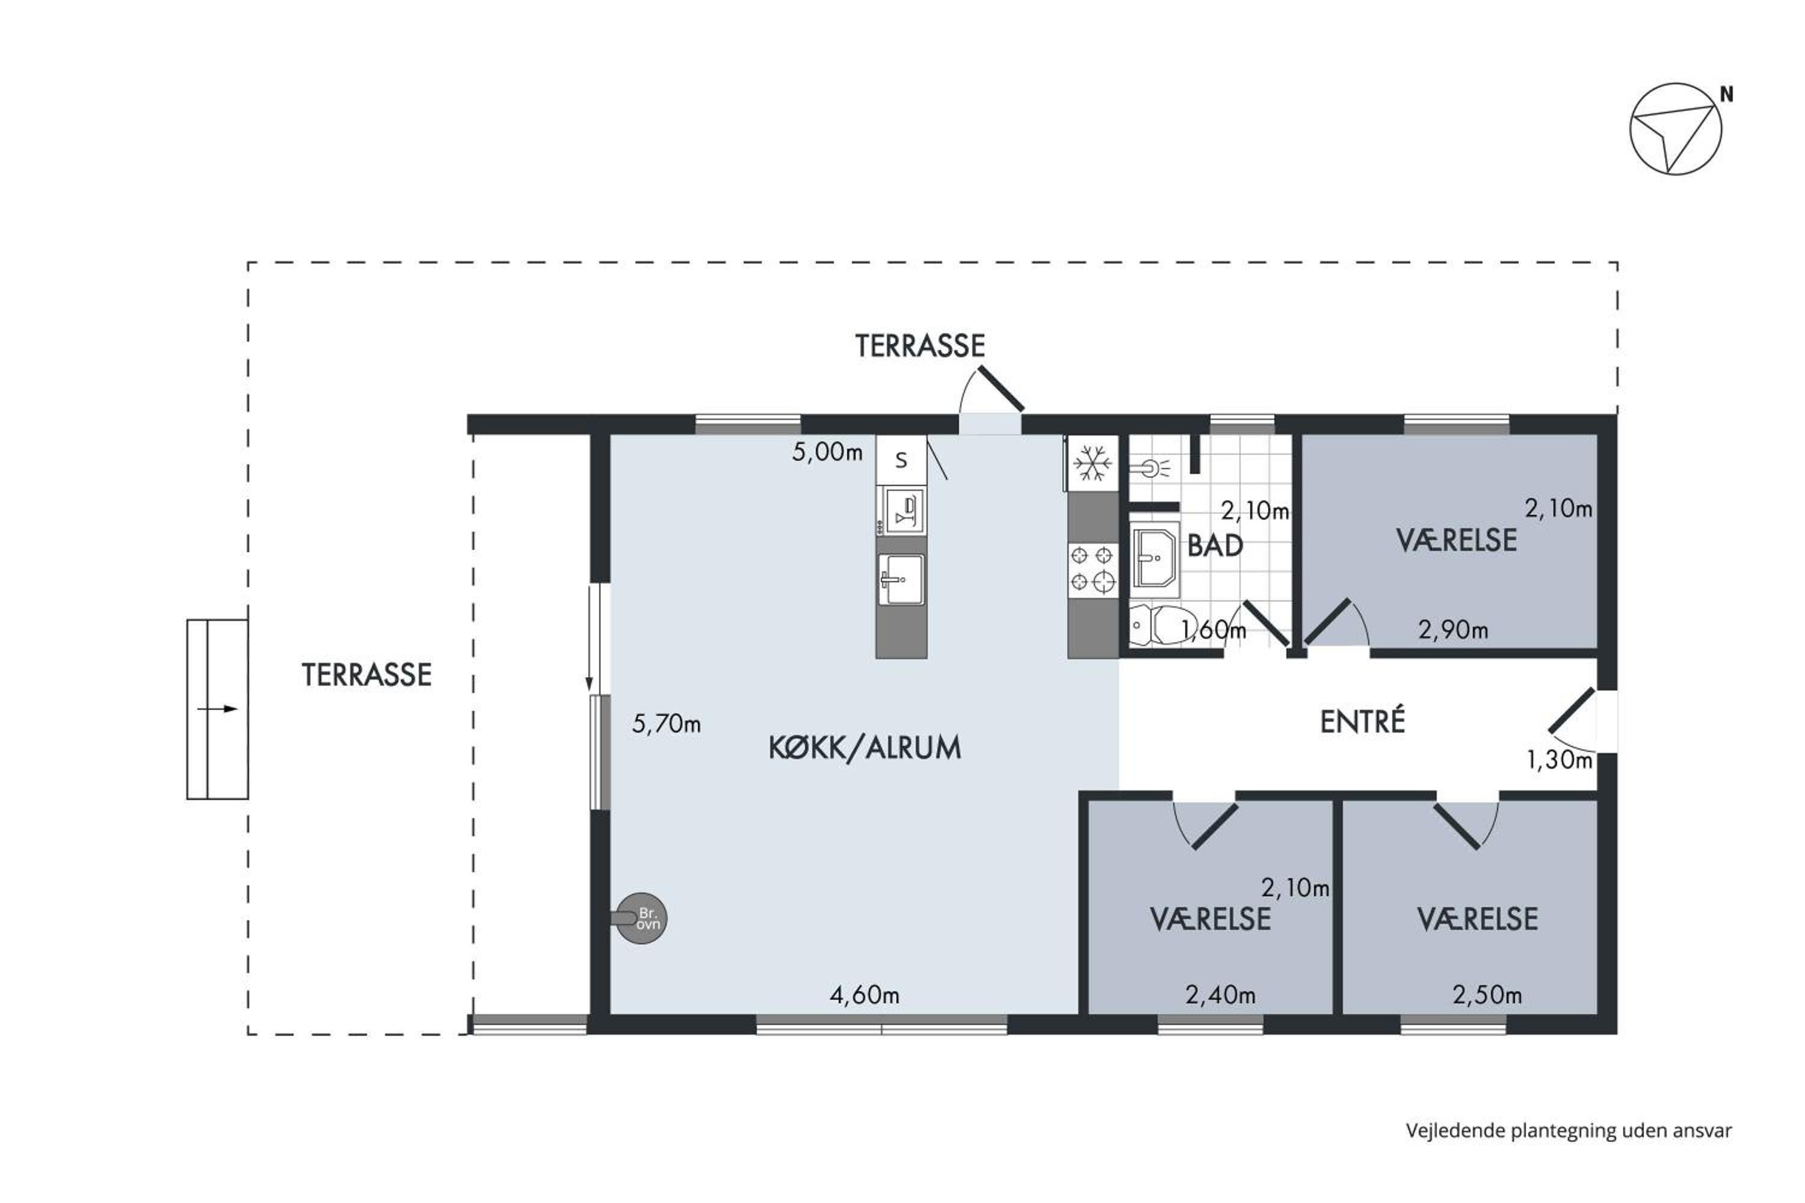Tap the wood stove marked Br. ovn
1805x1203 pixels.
[641, 918]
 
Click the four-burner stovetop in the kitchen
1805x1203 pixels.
[1092, 568]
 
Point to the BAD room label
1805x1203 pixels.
[1215, 546]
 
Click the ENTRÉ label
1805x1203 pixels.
[1362, 722]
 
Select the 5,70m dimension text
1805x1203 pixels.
[666, 724]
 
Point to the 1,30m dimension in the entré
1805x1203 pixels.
[1560, 760]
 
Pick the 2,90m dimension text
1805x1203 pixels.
[1453, 630]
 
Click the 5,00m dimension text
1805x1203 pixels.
[827, 452]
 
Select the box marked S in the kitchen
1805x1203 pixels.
[901, 460]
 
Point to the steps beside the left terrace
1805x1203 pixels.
[217, 709]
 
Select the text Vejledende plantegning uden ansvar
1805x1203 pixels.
[1569, 1130]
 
